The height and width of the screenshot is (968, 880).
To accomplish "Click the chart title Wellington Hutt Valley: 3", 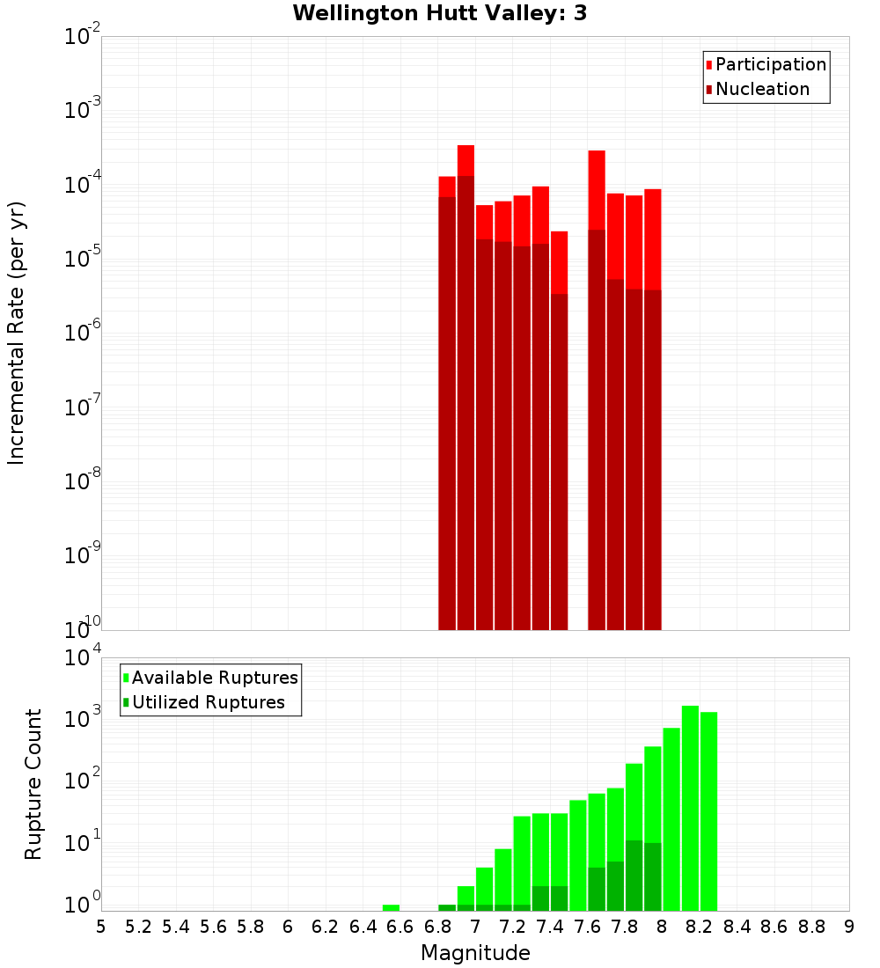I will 439,13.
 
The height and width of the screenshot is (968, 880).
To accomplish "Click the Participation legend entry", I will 770,64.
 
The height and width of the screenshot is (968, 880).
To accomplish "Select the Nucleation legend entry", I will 762,89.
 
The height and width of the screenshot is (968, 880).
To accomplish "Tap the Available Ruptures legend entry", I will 214,678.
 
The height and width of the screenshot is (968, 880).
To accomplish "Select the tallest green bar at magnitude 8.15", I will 690,792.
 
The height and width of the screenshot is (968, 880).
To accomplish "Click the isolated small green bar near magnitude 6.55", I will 391,907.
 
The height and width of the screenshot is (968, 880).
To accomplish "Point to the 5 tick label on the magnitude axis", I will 100,927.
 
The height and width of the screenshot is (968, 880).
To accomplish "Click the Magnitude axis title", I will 475,953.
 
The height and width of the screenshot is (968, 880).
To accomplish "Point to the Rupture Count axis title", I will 33,783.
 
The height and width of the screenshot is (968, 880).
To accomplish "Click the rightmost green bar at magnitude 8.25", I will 708,810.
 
